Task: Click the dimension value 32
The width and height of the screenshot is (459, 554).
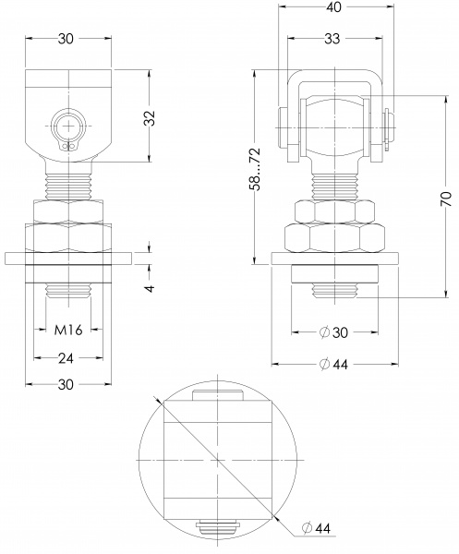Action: tap(151, 118)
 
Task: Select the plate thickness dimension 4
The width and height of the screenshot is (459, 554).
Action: tap(151, 287)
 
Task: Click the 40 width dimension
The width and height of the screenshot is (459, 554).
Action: tap(332, 7)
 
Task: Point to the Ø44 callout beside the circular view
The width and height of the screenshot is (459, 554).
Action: tap(320, 527)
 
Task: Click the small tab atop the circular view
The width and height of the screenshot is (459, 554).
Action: tap(217, 396)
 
